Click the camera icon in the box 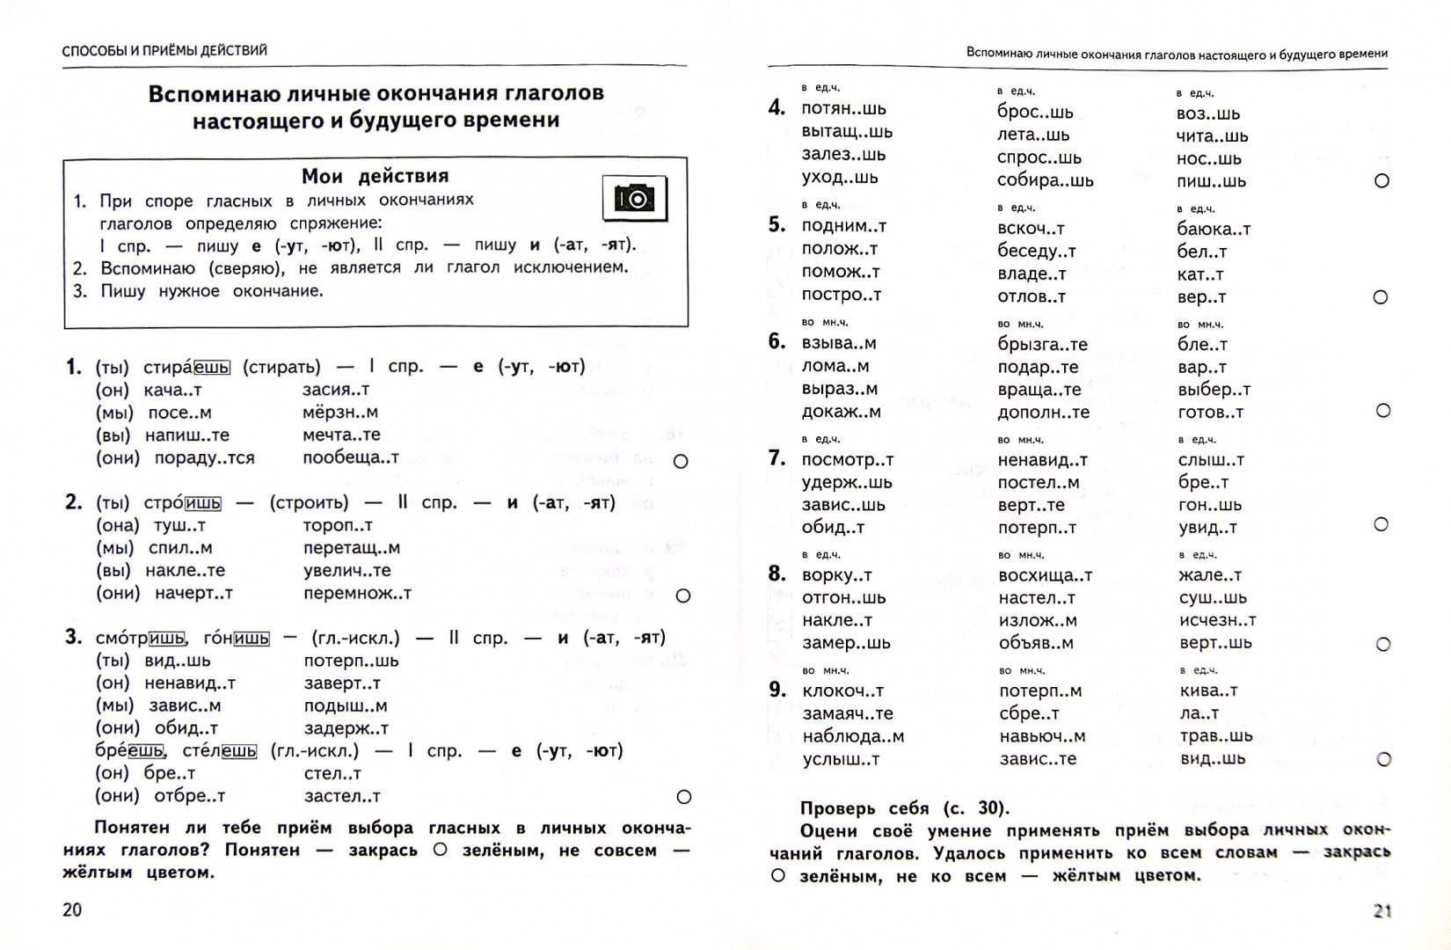(x=633, y=198)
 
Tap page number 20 (x=72, y=909)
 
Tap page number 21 (x=1382, y=910)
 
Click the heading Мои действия (x=375, y=176)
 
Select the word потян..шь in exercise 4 (x=843, y=109)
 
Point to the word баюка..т (x=1214, y=229)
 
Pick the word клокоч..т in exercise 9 (x=842, y=691)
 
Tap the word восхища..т (x=1045, y=575)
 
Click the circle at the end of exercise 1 (x=680, y=461)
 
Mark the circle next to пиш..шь (x=1382, y=180)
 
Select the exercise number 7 (x=777, y=457)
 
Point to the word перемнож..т (x=357, y=593)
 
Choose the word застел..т (x=341, y=795)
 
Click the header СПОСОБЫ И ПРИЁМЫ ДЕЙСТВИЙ (x=164, y=50)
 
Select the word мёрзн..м (x=339, y=412)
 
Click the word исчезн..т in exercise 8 (x=1217, y=620)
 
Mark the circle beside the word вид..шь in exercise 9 (x=1383, y=759)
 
